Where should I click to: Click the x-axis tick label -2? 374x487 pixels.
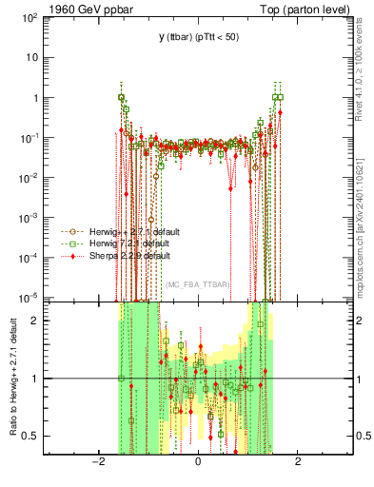click(97, 463)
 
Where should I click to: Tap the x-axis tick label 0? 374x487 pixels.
click(198, 463)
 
